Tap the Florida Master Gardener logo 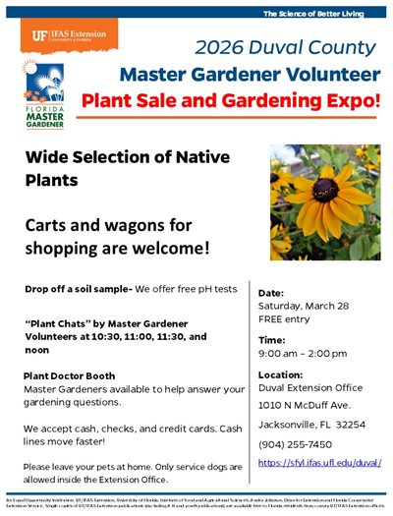click(39, 94)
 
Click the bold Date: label click(271, 293)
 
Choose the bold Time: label click(271, 338)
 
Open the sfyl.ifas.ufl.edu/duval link click(319, 462)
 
